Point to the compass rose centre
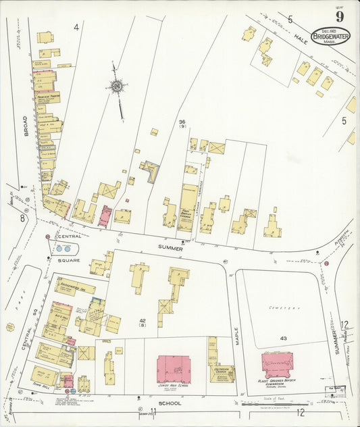point(118,86)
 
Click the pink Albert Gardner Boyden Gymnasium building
point(278,364)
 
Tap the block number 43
point(282,338)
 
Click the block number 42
point(143,322)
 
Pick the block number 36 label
point(182,123)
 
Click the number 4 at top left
point(76,28)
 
